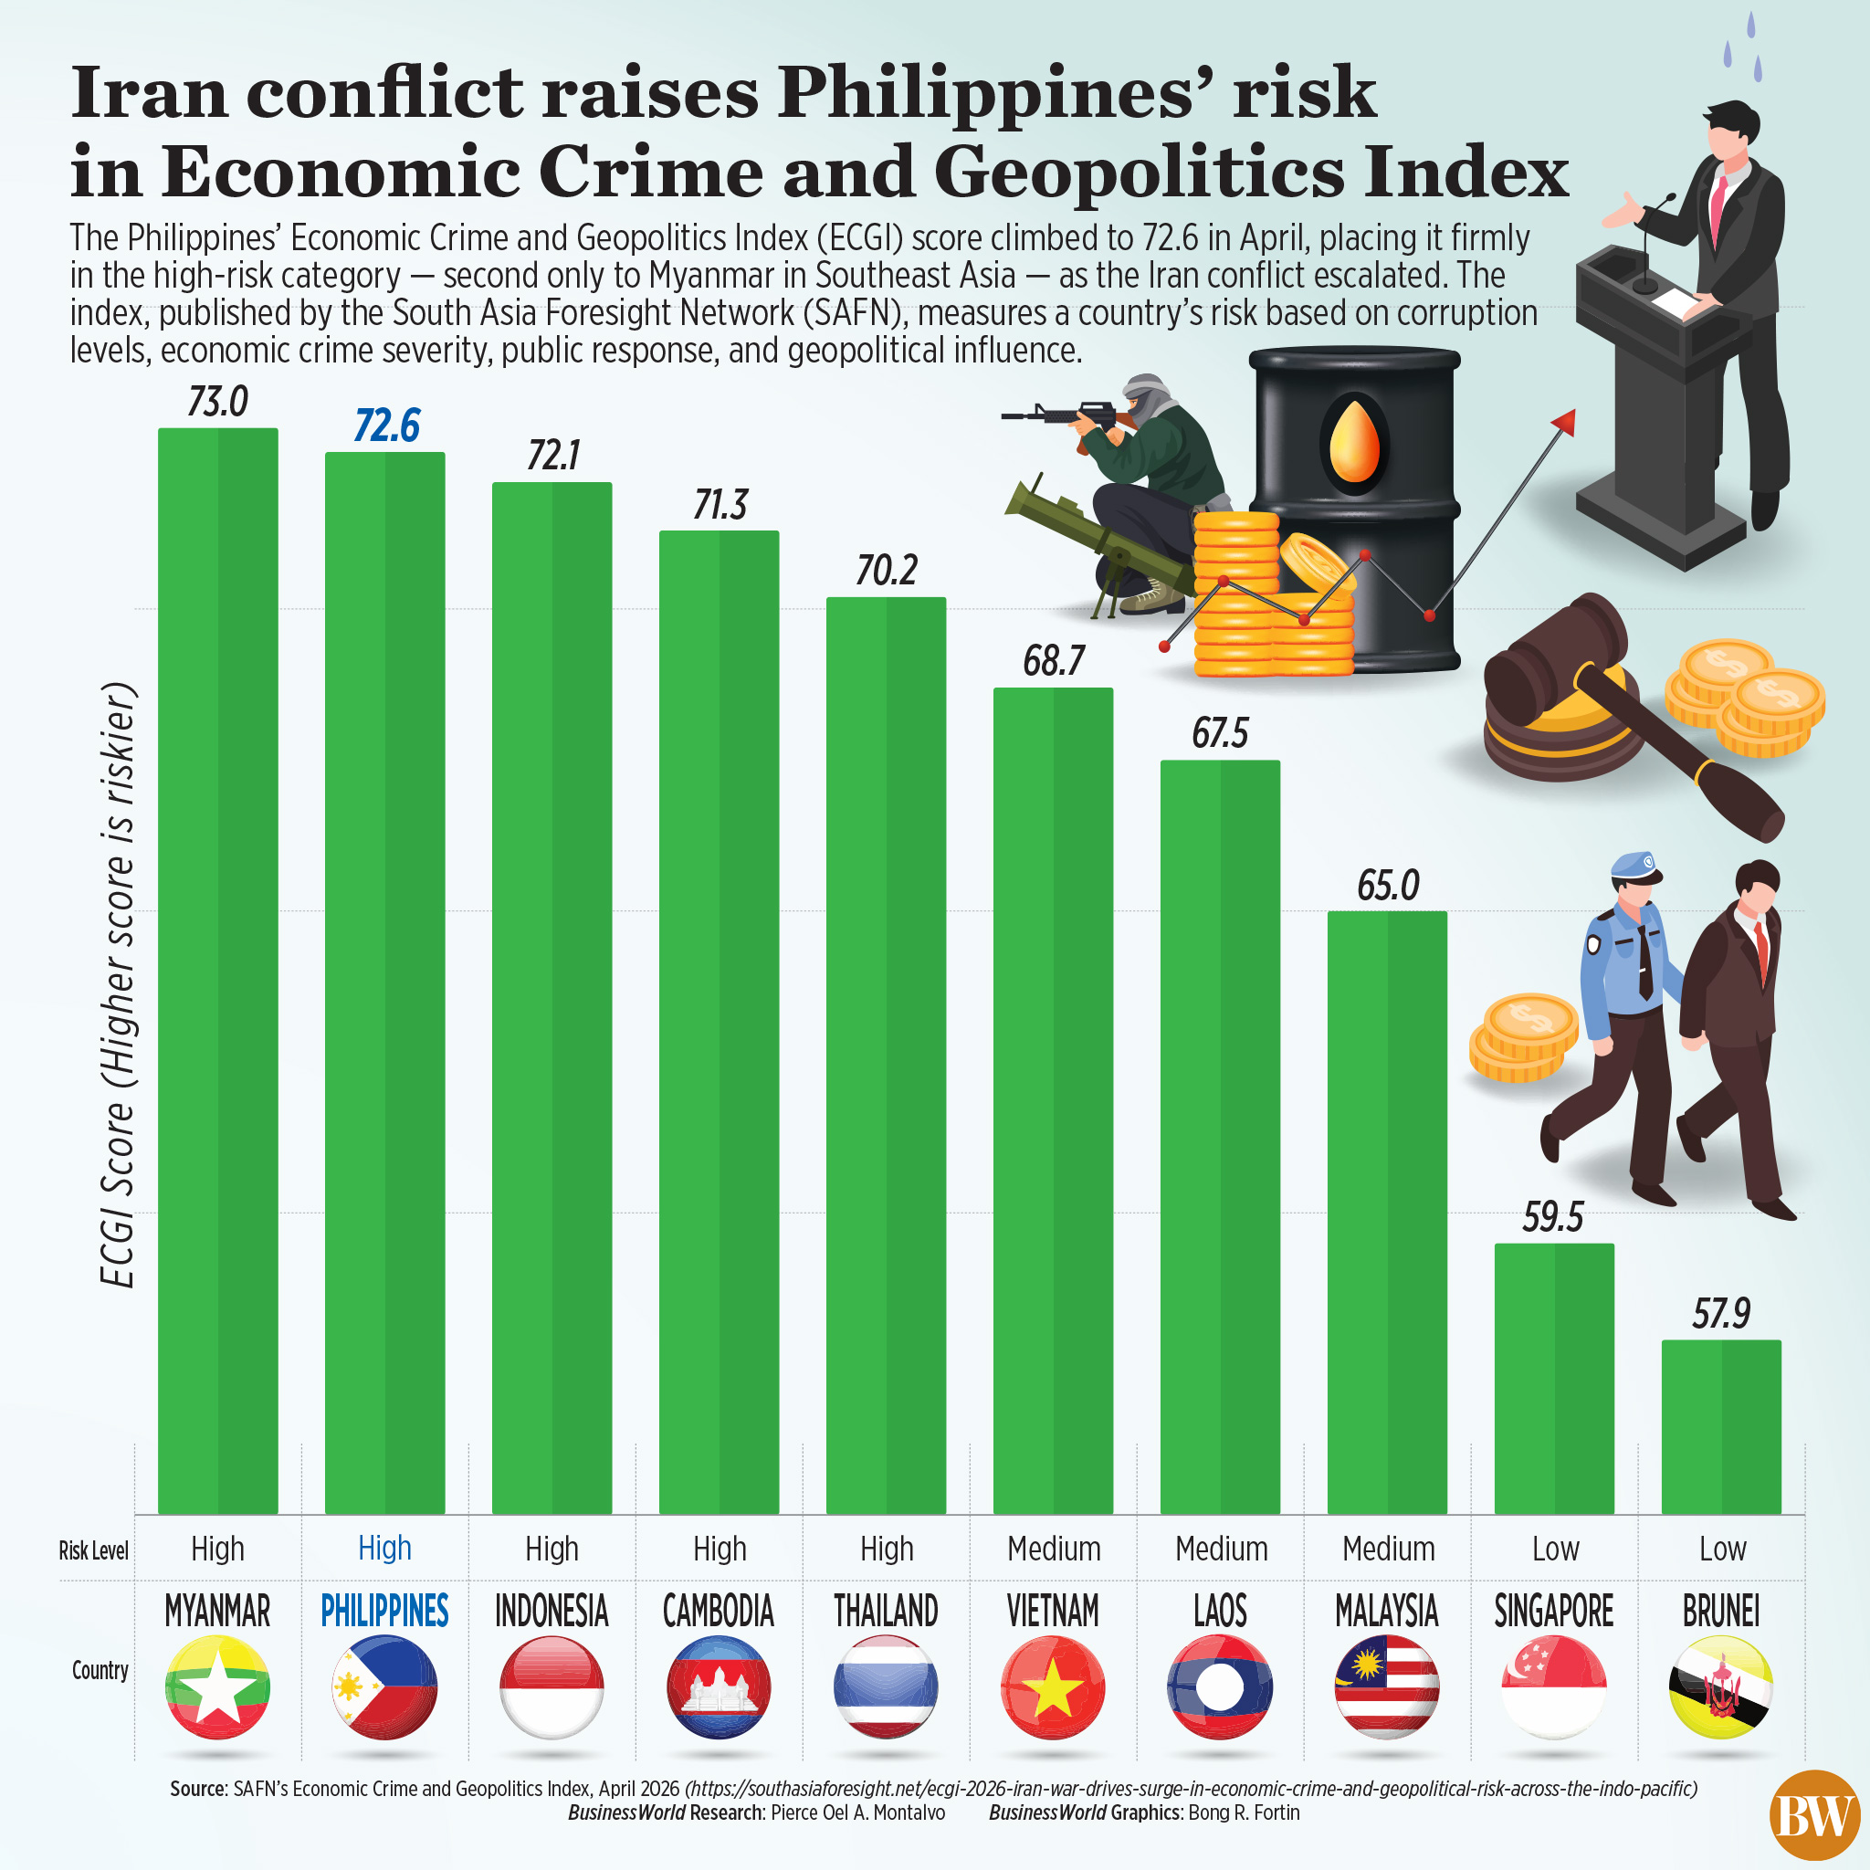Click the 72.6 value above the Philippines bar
click(x=386, y=425)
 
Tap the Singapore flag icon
click(x=1553, y=1687)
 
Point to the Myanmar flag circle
click(x=218, y=1687)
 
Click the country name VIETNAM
click(x=1053, y=1612)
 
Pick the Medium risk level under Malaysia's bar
click(x=1388, y=1549)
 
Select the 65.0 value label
click(x=1388, y=886)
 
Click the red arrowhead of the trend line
click(x=1564, y=420)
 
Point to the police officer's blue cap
click(x=1634, y=865)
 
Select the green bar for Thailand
click(x=886, y=1055)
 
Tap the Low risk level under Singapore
click(x=1554, y=1549)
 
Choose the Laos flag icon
click(x=1220, y=1687)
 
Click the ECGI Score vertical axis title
click(x=118, y=987)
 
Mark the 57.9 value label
click(x=1721, y=1313)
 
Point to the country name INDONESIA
click(x=552, y=1612)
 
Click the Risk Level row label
click(x=93, y=1550)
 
